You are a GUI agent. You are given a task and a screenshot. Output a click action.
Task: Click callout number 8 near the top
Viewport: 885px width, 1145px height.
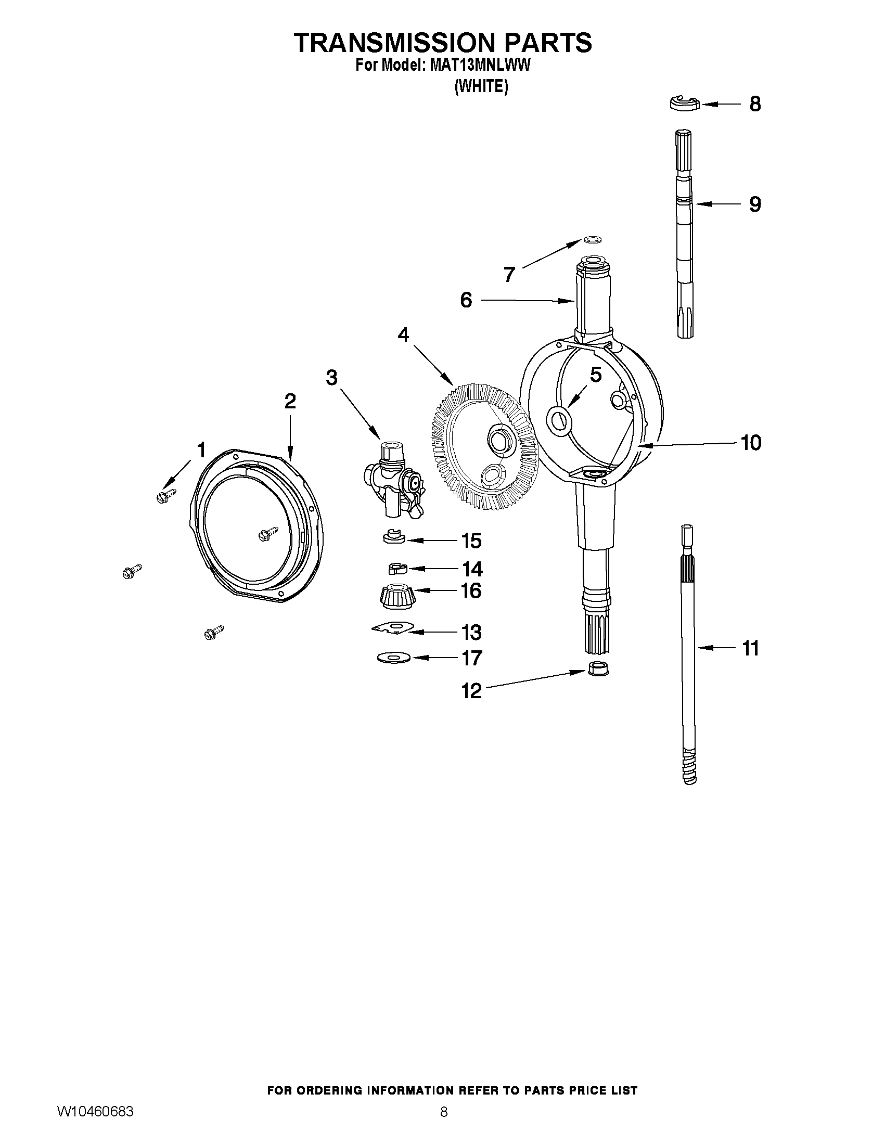pyautogui.click(x=754, y=104)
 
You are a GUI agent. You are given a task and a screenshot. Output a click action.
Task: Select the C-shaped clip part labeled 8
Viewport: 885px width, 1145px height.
pyautogui.click(x=685, y=104)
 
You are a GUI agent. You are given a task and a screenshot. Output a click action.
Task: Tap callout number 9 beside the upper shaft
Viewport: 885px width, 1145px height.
pyautogui.click(x=754, y=204)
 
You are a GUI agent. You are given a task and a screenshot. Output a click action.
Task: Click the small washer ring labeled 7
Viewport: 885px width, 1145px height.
pyautogui.click(x=593, y=240)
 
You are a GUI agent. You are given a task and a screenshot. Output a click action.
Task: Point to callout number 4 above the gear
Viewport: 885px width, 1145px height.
pyautogui.click(x=403, y=335)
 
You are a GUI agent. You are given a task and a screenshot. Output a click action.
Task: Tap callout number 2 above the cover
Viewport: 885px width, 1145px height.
pyautogui.click(x=290, y=401)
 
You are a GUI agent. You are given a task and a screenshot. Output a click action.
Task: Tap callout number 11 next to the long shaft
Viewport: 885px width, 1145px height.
pyautogui.click(x=751, y=649)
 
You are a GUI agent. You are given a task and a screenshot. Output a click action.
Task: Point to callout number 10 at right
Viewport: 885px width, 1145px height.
pyautogui.click(x=751, y=443)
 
